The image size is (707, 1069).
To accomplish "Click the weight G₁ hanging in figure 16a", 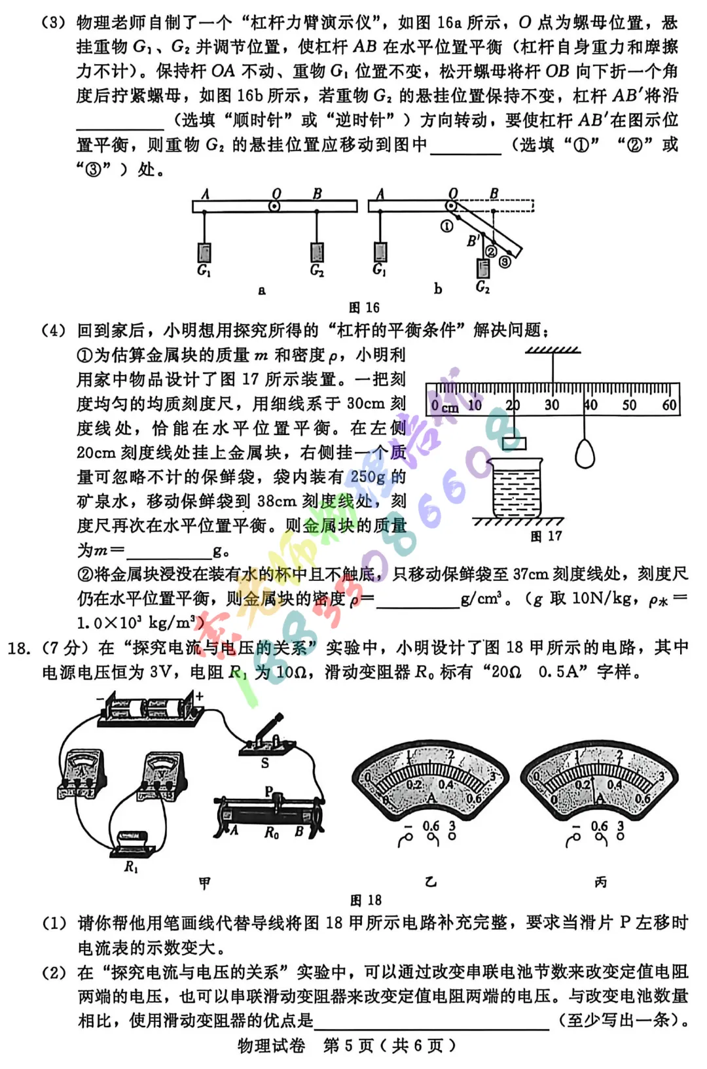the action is (204, 252).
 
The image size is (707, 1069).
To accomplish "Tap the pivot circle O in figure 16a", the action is (275, 206).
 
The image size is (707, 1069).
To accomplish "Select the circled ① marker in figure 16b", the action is (446, 226).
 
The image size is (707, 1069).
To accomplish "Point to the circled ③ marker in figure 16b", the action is (505, 262).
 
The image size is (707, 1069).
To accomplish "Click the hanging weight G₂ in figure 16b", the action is (483, 268).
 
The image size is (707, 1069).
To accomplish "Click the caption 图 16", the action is (364, 307).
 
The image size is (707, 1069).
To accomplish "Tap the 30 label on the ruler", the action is (551, 405).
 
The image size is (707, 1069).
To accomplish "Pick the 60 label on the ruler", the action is (668, 405).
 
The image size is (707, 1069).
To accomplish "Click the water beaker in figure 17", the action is (517, 487).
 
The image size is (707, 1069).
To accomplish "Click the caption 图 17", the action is (545, 536).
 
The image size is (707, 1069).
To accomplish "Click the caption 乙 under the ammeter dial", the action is (431, 882).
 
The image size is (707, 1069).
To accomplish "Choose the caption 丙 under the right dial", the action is (600, 882).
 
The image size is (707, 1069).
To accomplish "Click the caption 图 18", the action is (365, 900).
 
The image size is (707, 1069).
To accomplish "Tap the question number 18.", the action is (19, 648).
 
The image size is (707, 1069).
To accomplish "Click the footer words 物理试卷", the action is (270, 1045).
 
